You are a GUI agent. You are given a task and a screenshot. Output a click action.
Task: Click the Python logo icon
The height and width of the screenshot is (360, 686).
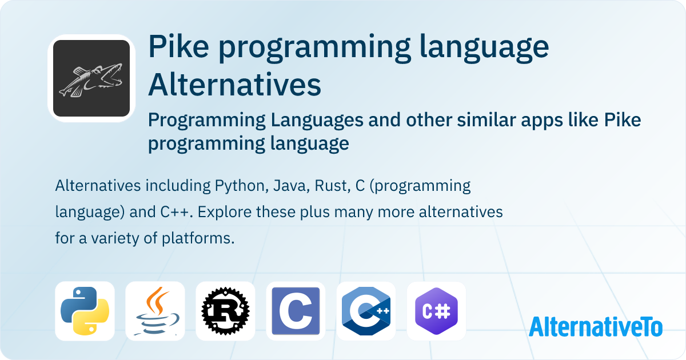click(x=85, y=311)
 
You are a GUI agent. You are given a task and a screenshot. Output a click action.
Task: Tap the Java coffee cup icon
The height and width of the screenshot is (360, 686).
click(x=155, y=311)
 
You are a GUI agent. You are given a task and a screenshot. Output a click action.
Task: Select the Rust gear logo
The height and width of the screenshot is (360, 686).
click(x=225, y=311)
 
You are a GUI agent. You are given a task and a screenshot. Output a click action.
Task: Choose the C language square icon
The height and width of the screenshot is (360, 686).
click(x=296, y=311)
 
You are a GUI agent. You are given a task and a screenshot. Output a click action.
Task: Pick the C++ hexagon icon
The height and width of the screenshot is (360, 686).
click(x=366, y=311)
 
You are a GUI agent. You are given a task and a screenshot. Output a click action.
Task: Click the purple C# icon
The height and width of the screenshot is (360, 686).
click(x=436, y=311)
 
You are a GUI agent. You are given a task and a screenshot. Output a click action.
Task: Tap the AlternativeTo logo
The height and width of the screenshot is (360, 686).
click(x=596, y=327)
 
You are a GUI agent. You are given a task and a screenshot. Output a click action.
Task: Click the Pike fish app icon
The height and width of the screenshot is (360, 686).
click(x=91, y=78)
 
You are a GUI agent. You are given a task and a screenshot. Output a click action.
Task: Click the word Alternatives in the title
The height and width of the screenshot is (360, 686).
click(x=234, y=85)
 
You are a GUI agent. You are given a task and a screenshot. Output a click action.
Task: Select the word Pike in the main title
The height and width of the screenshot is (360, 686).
click(x=178, y=46)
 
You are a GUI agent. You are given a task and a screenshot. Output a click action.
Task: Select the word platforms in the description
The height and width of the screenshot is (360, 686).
click(x=198, y=238)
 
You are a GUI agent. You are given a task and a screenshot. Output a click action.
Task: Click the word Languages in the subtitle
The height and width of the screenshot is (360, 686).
click(x=317, y=121)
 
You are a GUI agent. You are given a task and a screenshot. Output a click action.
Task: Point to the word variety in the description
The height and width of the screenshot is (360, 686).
click(x=115, y=238)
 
